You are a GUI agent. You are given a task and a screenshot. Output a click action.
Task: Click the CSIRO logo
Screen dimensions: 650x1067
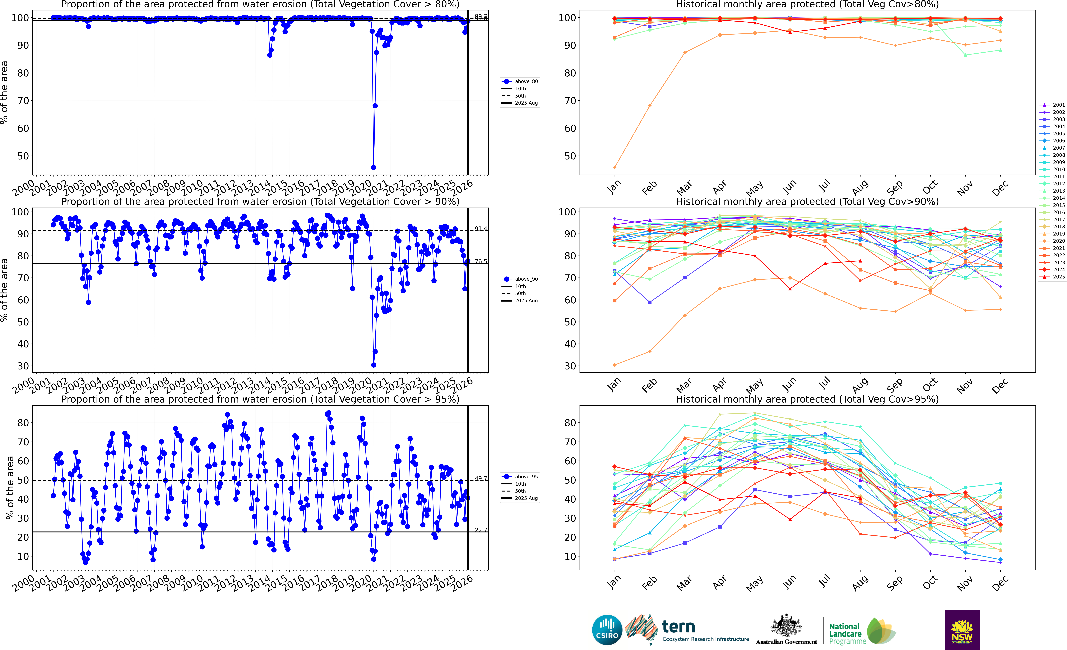[607, 630]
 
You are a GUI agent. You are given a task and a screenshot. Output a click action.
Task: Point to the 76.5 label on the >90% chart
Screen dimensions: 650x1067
[481, 261]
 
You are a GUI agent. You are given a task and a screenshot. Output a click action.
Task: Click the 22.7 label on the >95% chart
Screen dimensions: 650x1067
[481, 530]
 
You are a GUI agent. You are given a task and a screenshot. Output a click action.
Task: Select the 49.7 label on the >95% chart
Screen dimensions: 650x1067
[481, 478]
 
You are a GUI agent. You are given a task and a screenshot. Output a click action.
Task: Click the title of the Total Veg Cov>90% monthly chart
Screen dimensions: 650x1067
[807, 202]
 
